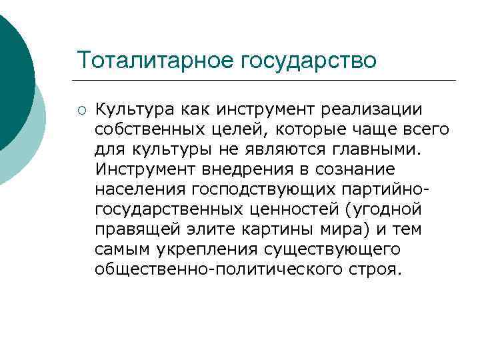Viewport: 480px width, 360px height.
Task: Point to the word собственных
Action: pyautogui.click(x=151, y=129)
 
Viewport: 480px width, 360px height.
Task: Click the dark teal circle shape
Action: pyautogui.click(x=13, y=73)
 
